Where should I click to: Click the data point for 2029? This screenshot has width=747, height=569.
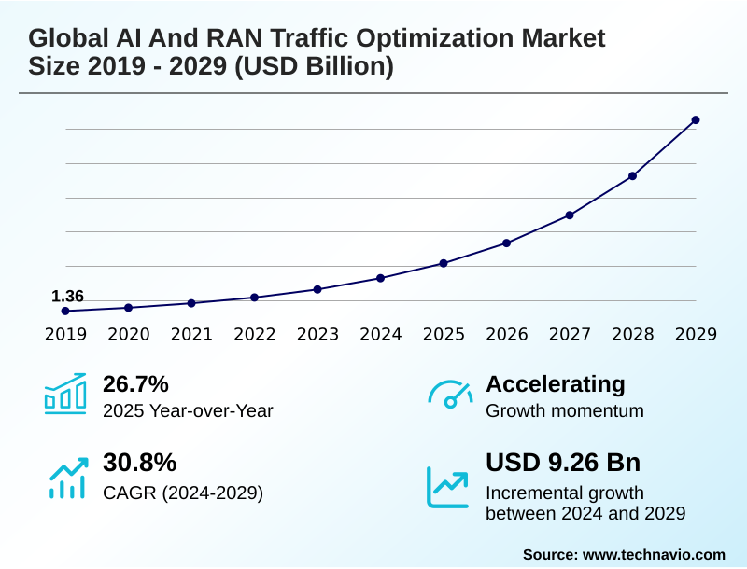pyautogui.click(x=696, y=120)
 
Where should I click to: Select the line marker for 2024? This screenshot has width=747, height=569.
pyautogui.click(x=380, y=278)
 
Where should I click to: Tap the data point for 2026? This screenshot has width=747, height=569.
pyautogui.click(x=506, y=243)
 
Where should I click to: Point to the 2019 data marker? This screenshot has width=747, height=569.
pyautogui.click(x=65, y=311)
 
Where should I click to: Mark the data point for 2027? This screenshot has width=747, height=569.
pyautogui.click(x=570, y=215)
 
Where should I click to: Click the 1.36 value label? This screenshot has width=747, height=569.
pyautogui.click(x=67, y=297)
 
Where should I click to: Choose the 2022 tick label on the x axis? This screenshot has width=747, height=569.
pyautogui.click(x=254, y=335)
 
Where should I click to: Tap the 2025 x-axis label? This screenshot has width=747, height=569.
pyautogui.click(x=444, y=335)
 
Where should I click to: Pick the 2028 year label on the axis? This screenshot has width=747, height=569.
pyautogui.click(x=632, y=335)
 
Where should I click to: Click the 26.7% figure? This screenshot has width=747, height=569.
pyautogui.click(x=135, y=384)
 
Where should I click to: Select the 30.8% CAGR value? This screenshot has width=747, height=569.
pyautogui.click(x=139, y=463)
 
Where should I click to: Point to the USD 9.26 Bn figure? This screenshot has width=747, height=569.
pyautogui.click(x=563, y=463)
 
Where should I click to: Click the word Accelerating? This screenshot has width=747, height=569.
pyautogui.click(x=556, y=384)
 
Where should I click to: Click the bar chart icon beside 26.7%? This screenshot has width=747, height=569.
pyautogui.click(x=65, y=394)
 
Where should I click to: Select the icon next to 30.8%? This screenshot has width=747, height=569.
pyautogui.click(x=67, y=478)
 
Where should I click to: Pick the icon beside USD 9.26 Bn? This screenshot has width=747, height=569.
pyautogui.click(x=448, y=486)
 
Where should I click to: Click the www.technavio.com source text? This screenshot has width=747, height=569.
pyautogui.click(x=654, y=554)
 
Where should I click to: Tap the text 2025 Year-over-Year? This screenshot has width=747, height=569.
pyautogui.click(x=188, y=410)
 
